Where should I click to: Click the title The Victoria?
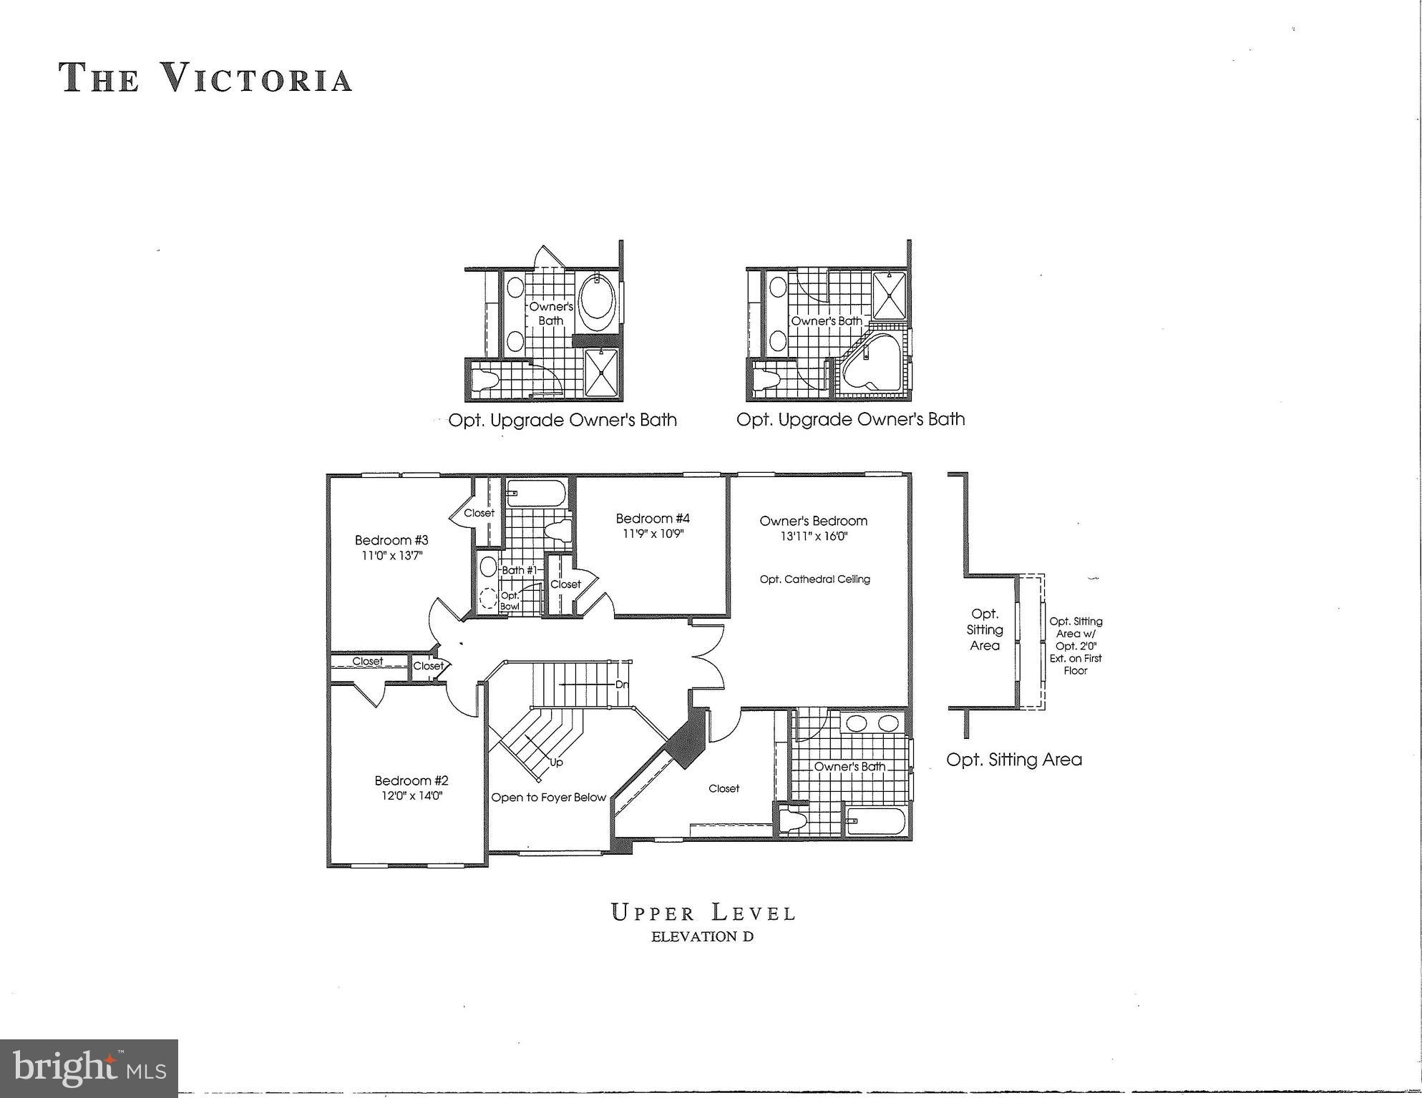coord(206,78)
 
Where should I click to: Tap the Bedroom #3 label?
coord(391,540)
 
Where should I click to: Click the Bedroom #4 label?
coord(653,519)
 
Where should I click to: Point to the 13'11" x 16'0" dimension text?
coord(814,536)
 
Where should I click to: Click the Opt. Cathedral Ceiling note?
coord(814,579)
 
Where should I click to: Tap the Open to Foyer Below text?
coord(548,798)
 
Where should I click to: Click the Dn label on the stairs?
coord(622,685)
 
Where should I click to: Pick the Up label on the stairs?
coord(556,763)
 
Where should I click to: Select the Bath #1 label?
coord(519,570)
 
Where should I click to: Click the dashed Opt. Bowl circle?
coord(489,598)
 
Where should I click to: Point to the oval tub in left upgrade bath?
coord(597,300)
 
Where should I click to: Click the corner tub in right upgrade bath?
coord(872,365)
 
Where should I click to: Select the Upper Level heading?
coord(703,913)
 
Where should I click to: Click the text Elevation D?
coord(702,936)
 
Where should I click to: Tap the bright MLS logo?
coord(89,1069)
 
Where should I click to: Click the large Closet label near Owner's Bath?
coord(724,788)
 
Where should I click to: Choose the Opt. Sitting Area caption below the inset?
coord(1013,760)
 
